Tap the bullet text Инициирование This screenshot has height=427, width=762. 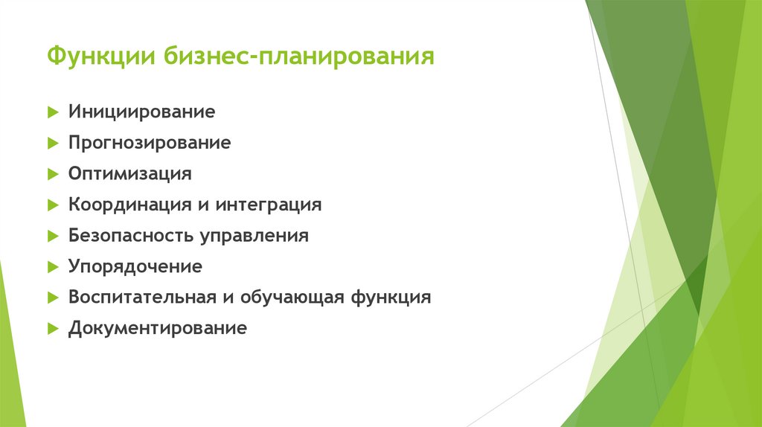141,112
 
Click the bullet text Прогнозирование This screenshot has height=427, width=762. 150,143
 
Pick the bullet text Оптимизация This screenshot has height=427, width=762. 130,174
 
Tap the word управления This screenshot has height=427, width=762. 253,236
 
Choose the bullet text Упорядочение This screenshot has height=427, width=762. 135,266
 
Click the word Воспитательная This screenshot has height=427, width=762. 141,297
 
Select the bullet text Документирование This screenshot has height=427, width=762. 157,328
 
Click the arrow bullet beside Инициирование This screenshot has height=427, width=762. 52,112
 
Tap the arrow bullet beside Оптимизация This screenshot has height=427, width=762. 52,174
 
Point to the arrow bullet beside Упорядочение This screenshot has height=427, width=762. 52,266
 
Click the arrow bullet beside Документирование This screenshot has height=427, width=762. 52,328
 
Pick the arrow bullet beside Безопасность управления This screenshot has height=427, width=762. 52,236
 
